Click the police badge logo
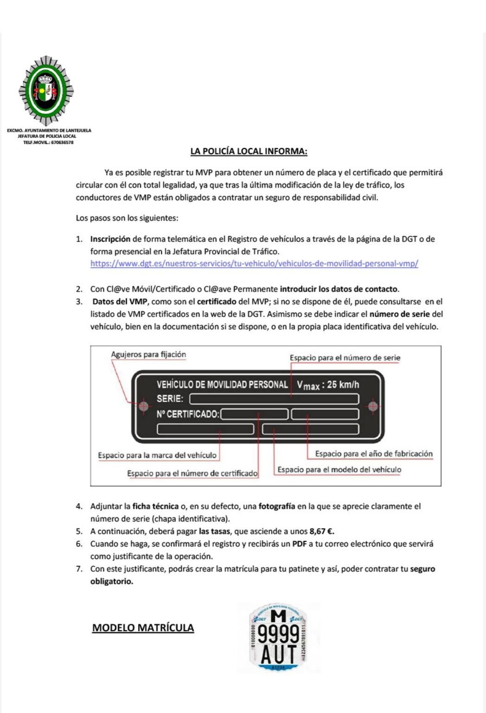[x=46, y=91]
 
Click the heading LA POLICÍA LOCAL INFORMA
[x=249, y=151]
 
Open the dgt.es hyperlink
[x=254, y=264]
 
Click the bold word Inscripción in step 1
[x=110, y=239]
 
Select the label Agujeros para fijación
[x=148, y=355]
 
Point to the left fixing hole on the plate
[x=143, y=407]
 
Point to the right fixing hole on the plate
[x=372, y=407]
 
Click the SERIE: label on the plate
[x=170, y=399]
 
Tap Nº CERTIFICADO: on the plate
[x=188, y=414]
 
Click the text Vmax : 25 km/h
[x=328, y=385]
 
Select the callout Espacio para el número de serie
[x=345, y=358]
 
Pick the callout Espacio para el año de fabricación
[x=373, y=454]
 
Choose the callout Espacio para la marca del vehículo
[x=157, y=455]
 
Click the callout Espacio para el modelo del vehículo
[x=339, y=470]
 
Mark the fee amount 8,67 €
[x=322, y=532]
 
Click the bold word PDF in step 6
[x=299, y=544]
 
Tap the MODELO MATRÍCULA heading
[x=143, y=628]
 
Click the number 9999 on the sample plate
[x=278, y=635]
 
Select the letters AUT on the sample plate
[x=278, y=655]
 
